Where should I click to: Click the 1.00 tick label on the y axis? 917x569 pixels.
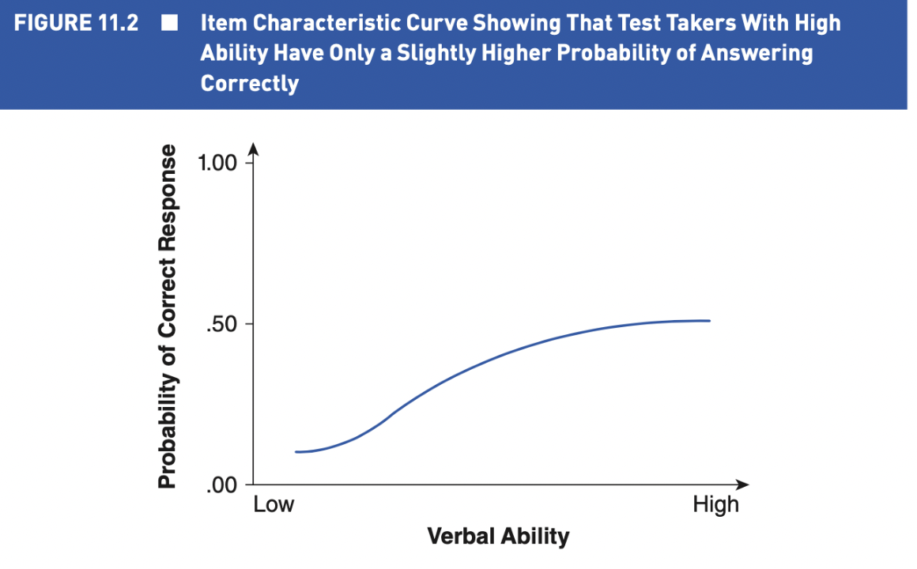(218, 164)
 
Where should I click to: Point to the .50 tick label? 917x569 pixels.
(222, 324)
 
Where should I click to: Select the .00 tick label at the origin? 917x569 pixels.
(222, 484)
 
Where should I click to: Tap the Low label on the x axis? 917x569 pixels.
(274, 504)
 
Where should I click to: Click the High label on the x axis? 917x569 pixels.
(715, 504)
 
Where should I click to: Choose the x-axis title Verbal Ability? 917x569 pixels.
(497, 537)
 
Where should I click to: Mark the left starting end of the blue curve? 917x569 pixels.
(296, 452)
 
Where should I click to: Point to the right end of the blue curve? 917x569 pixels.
(709, 321)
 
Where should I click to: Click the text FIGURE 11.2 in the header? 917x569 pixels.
(75, 23)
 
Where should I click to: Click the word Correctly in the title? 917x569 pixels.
(250, 83)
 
